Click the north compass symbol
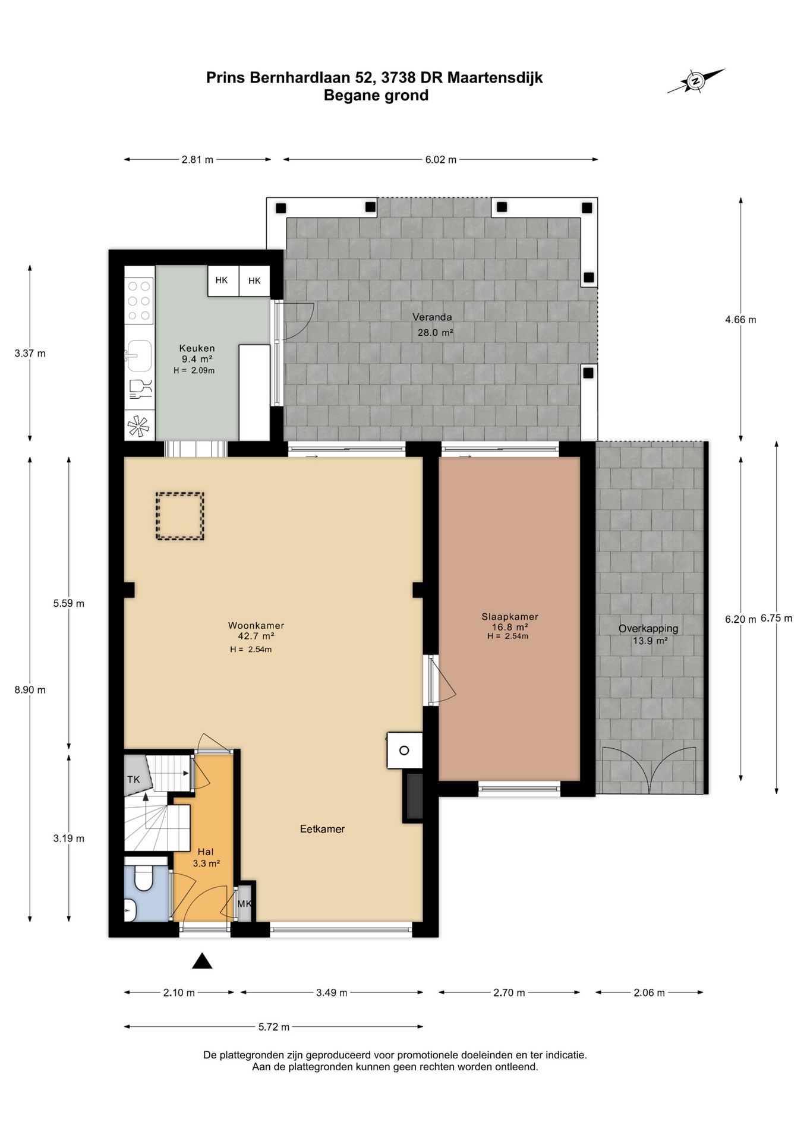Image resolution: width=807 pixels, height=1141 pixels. (x=696, y=81)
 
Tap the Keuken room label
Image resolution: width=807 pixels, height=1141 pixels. (x=197, y=348)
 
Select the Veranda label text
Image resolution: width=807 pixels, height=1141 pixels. (x=432, y=317)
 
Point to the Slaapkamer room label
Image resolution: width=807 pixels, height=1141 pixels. (x=510, y=617)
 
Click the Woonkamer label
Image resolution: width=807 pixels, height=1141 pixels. (x=256, y=626)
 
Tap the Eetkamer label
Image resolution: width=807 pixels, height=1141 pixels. (x=322, y=829)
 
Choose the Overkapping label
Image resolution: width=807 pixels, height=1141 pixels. (x=648, y=629)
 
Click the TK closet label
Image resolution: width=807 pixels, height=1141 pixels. (x=134, y=779)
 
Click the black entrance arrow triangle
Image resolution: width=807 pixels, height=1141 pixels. (x=202, y=961)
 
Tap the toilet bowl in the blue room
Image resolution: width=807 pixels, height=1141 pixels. (x=143, y=878)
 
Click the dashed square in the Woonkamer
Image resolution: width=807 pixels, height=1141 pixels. (x=179, y=516)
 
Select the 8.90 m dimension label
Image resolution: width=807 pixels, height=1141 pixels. (x=30, y=690)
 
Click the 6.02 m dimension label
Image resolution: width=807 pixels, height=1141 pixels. (x=441, y=159)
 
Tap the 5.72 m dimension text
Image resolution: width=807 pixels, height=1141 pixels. (x=274, y=1027)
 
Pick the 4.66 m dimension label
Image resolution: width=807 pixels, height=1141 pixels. (x=740, y=320)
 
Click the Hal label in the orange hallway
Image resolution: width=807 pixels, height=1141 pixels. (x=206, y=852)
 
